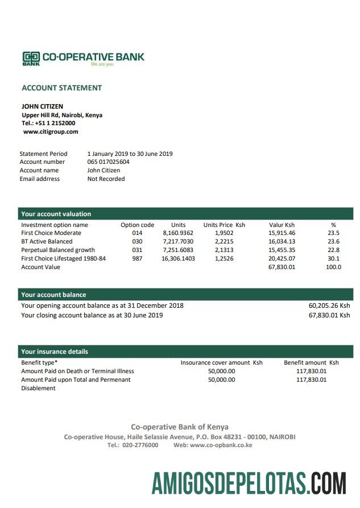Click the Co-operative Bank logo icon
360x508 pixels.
click(x=31, y=57)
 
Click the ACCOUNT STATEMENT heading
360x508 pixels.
click(x=61, y=88)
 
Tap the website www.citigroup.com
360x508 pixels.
click(x=51, y=131)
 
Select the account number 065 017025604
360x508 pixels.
click(x=108, y=162)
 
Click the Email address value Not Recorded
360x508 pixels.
click(x=106, y=179)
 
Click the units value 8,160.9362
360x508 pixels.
click(x=178, y=233)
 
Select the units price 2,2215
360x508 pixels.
click(x=224, y=241)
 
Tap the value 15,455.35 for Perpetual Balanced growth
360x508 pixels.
click(x=282, y=250)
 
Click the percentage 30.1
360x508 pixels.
click(x=334, y=258)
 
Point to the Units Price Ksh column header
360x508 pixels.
click(x=224, y=225)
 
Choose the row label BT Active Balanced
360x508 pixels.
click(x=47, y=241)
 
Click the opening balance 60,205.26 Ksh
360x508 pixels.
click(x=329, y=305)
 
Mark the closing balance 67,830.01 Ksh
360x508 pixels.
click(x=329, y=315)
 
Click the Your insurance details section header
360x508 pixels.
click(x=55, y=352)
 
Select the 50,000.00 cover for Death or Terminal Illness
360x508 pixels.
click(x=221, y=371)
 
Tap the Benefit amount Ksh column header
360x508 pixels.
click(x=311, y=362)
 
